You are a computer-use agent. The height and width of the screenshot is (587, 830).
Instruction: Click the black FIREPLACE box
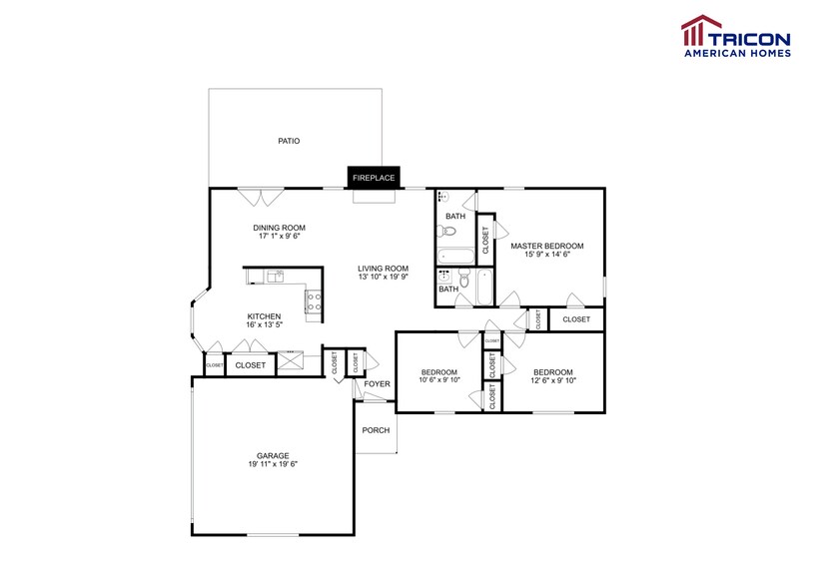[x=374, y=178]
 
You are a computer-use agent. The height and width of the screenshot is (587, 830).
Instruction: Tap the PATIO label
[x=289, y=141]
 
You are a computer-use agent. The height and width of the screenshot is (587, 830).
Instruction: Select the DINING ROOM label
[x=279, y=228]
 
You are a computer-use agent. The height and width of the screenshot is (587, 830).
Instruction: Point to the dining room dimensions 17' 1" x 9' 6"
[x=279, y=237]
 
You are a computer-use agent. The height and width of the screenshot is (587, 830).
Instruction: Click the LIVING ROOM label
[x=385, y=268]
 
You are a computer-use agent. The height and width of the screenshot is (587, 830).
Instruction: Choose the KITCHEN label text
[x=265, y=316]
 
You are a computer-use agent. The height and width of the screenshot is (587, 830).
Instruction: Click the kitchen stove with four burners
[x=314, y=299]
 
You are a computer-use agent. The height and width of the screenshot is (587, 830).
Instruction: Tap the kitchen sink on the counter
[x=276, y=276]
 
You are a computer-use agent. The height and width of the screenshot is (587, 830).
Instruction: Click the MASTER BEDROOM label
[x=546, y=246]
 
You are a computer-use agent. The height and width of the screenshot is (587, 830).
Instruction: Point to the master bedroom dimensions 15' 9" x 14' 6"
[x=546, y=255]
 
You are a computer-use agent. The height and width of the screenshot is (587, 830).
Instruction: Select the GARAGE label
[x=273, y=455]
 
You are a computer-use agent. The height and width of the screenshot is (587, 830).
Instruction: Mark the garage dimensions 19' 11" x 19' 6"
[x=273, y=464]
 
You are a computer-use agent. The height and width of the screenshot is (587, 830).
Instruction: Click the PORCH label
[x=376, y=431]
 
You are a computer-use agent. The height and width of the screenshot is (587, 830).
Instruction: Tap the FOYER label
[x=377, y=383]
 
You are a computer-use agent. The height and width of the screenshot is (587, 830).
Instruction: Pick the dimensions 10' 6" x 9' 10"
[x=439, y=380]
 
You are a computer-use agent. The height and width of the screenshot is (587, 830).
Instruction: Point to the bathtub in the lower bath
[x=484, y=289]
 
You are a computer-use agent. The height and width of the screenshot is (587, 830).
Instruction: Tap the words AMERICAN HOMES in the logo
[x=736, y=54]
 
